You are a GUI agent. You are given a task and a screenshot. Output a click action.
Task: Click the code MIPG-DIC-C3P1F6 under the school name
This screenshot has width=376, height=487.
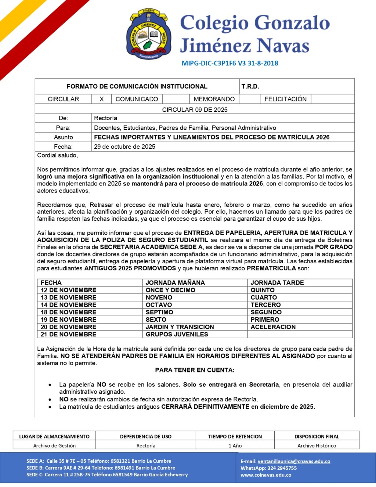click(209, 63)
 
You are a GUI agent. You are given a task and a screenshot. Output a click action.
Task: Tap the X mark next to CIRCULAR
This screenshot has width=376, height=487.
click(102, 99)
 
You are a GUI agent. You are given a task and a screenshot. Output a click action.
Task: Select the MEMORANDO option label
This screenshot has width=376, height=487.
click(214, 99)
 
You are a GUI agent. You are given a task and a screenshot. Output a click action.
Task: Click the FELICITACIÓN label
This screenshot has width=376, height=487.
click(285, 99)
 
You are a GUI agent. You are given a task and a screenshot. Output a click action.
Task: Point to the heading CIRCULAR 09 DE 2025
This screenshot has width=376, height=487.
click(195, 109)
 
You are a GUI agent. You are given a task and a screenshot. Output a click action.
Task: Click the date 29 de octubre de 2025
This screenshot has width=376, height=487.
click(124, 147)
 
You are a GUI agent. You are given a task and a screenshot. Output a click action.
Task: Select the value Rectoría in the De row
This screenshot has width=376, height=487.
click(105, 118)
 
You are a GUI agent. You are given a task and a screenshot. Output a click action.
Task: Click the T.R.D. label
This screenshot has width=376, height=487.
click(250, 86)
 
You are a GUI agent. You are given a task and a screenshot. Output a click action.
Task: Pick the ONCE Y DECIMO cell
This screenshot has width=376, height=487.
click(170, 290)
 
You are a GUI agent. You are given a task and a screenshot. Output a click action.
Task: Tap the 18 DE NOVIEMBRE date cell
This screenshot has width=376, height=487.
click(68, 312)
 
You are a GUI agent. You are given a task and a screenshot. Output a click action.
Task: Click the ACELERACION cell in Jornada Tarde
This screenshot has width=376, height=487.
click(273, 327)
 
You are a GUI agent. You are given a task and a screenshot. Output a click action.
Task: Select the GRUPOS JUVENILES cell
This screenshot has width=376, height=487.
click(177, 334)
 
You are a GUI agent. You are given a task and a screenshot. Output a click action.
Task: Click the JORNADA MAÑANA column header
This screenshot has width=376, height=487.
click(175, 283)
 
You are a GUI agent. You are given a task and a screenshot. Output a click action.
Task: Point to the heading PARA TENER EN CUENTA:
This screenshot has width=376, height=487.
click(195, 370)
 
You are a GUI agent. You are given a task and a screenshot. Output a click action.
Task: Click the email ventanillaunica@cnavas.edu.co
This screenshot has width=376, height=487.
click(294, 461)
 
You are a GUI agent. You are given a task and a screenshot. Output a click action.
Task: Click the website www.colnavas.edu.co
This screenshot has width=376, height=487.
click(266, 475)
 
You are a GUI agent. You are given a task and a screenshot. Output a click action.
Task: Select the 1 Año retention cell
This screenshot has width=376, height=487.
click(235, 445)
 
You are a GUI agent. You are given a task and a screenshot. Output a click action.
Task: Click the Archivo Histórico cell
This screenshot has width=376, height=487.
click(317, 445)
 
